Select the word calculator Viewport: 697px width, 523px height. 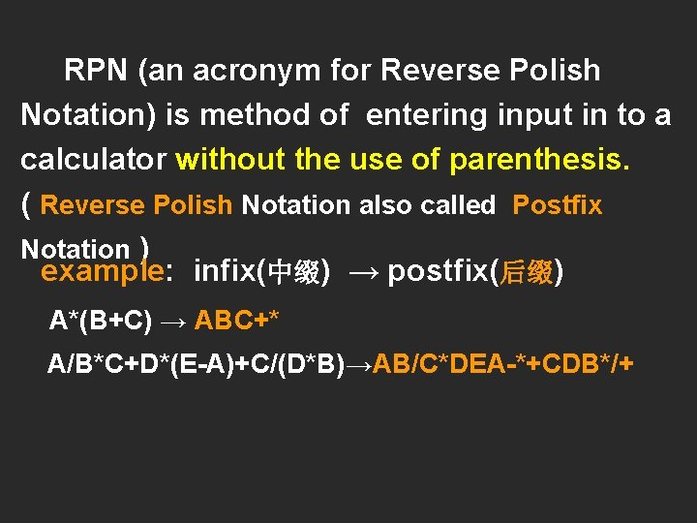point(94,159)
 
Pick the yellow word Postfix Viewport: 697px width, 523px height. point(557,205)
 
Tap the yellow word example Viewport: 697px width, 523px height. point(101,272)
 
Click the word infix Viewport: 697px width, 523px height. point(226,272)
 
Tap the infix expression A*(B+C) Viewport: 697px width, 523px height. point(101,320)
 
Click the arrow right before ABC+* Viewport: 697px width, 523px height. point(173,320)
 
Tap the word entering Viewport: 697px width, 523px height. point(427,115)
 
